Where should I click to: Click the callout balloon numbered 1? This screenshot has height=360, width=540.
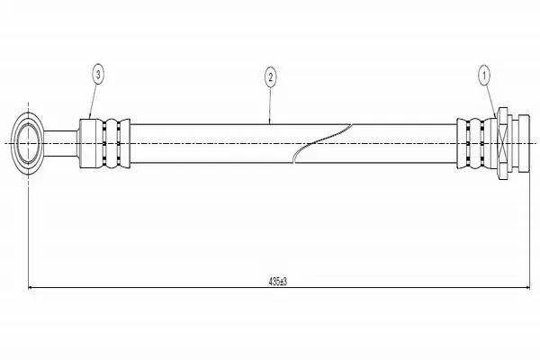(x=484, y=76)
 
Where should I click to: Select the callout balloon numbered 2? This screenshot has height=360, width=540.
(x=270, y=77)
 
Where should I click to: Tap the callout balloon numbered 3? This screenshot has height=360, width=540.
(x=98, y=75)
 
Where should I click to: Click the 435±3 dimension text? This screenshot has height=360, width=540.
(x=278, y=282)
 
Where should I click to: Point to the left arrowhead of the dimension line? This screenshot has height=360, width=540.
(x=31, y=287)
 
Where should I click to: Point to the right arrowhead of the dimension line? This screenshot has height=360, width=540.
(x=526, y=287)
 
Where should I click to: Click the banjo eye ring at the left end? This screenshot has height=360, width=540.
(x=28, y=143)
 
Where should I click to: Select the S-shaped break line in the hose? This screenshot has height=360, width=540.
(x=322, y=142)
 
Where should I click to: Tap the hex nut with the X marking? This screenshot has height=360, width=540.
(x=502, y=143)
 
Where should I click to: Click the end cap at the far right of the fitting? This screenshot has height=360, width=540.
(x=525, y=143)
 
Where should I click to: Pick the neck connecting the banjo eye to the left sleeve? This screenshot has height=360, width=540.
(x=60, y=143)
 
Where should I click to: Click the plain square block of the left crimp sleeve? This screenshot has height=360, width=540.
(x=87, y=143)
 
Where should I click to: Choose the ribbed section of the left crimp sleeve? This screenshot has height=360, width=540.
(x=113, y=143)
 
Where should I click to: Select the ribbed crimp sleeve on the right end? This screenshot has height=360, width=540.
(x=477, y=143)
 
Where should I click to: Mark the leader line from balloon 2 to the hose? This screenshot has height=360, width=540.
(x=270, y=104)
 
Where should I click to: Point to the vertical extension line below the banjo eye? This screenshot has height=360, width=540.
(x=28, y=230)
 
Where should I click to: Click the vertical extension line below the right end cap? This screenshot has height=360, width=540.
(x=529, y=229)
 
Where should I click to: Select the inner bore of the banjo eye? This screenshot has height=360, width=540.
(x=28, y=143)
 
